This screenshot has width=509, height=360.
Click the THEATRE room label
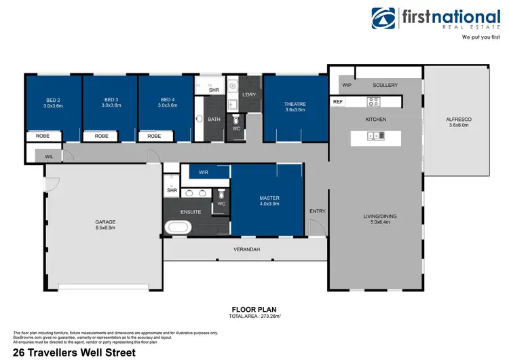tap(295, 104)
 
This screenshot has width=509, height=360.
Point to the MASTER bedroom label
tap(269, 198)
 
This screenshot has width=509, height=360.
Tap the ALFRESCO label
tap(458, 120)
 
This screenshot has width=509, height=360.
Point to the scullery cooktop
tap(373, 102)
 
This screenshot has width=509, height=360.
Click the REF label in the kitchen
tap(338, 102)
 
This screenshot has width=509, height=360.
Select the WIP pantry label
tap(346, 85)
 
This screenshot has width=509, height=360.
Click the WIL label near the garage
tap(49, 156)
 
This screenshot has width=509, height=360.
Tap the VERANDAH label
tap(246, 249)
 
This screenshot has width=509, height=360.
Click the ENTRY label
tap(317, 211)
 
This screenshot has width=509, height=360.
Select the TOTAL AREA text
tap(254, 316)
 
